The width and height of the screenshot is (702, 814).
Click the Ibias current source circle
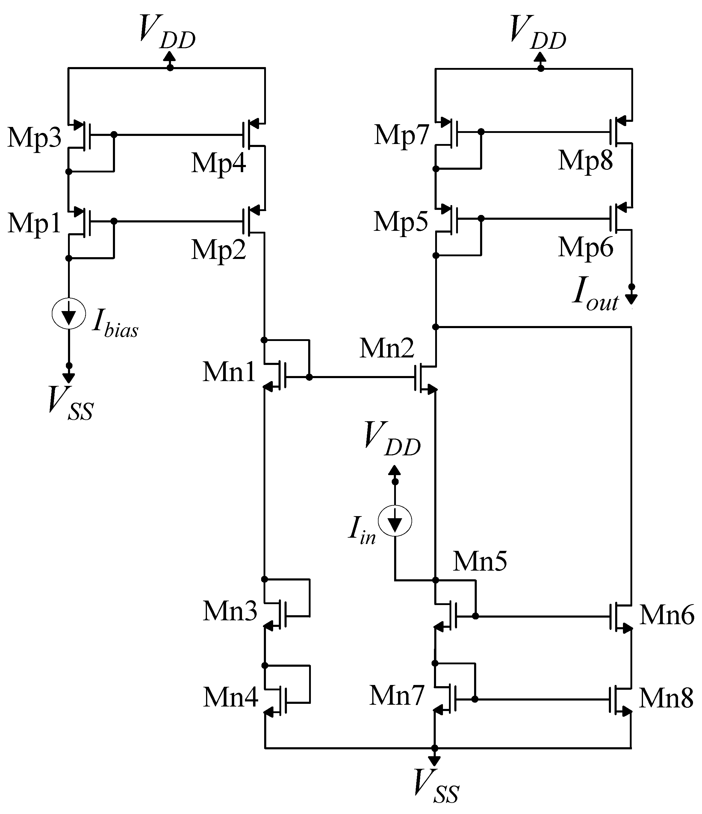coord(69,314)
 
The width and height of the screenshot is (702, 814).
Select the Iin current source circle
coord(395,521)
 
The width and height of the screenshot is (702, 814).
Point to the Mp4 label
coord(219,163)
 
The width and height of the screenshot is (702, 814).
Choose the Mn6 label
coord(667,615)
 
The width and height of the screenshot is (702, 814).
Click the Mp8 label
coord(585,161)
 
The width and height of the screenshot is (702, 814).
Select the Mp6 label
coord(585,248)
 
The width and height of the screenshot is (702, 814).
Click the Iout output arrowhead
coord(631,300)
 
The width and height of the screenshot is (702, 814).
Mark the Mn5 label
coord(480,561)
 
